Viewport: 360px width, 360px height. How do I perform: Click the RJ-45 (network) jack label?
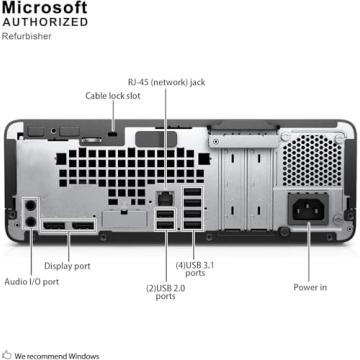(x=165, y=81)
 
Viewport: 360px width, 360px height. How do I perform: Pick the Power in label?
(x=309, y=287)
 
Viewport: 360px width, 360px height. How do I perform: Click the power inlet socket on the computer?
(x=309, y=209)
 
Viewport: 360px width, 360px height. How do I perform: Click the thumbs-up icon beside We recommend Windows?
(x=7, y=354)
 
